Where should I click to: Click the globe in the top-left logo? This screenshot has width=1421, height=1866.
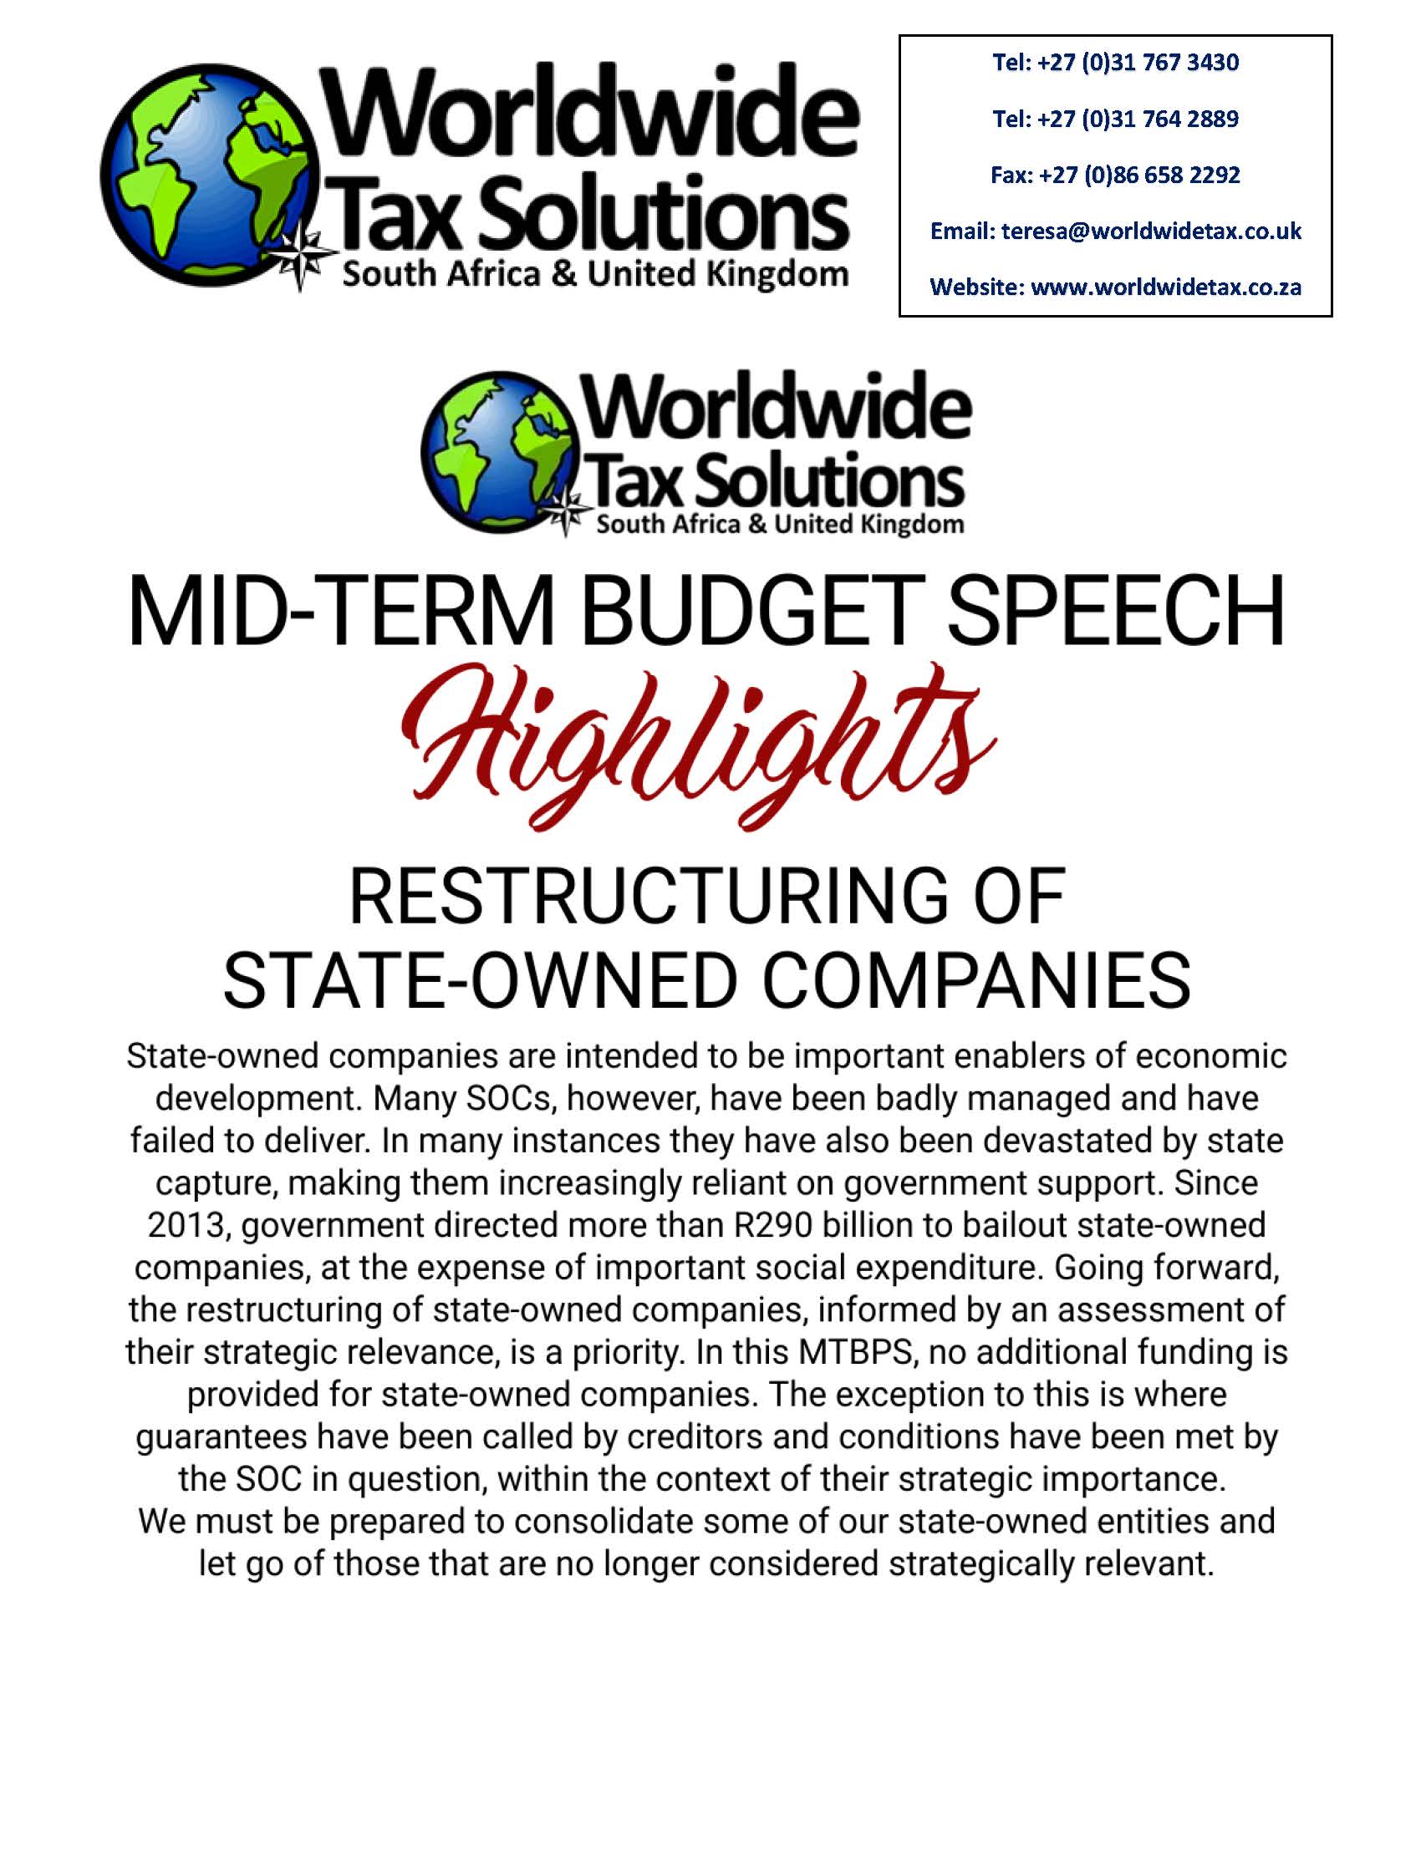point(211,175)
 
